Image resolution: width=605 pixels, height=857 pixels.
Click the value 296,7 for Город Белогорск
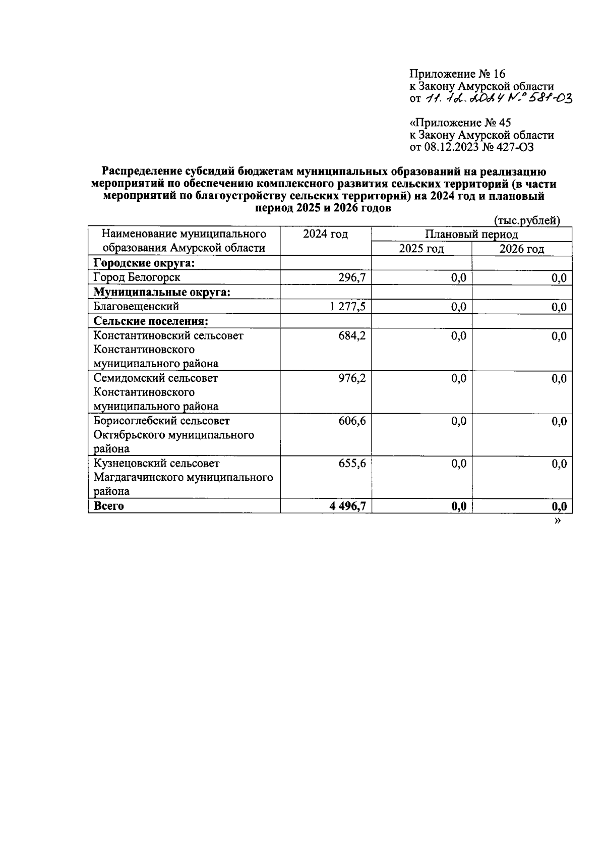[351, 277]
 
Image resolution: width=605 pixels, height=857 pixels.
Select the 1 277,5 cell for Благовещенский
[347, 307]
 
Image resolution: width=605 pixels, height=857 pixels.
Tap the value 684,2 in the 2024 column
[351, 336]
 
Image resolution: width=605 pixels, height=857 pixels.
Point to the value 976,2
[351, 378]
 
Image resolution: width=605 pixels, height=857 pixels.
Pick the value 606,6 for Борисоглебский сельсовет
[351, 421]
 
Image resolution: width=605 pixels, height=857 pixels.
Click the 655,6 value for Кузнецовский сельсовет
[351, 464]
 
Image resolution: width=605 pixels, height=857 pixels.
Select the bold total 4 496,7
[347, 506]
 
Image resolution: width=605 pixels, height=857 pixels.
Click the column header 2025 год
[421, 249]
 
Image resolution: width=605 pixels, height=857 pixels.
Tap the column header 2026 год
[521, 249]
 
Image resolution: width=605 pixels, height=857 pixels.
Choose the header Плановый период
[471, 235]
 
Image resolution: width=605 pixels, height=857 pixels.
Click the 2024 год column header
[325, 235]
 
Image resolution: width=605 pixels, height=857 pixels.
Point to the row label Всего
[109, 506]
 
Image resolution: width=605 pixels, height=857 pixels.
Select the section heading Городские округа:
[144, 263]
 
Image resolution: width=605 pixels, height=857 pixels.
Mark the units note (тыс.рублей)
[527, 220]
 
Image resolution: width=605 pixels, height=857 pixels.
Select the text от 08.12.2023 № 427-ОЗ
[471, 147]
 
